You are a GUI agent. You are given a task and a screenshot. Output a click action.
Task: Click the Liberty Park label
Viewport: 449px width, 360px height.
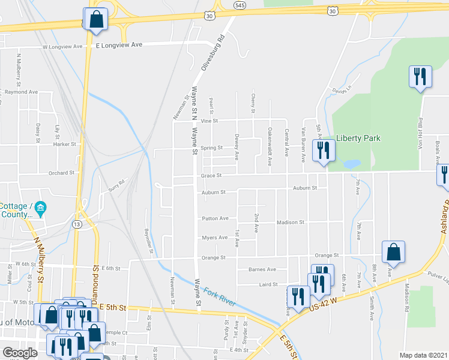(358, 138)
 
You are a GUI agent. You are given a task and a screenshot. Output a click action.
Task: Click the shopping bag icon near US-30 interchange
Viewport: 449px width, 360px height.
(96, 19)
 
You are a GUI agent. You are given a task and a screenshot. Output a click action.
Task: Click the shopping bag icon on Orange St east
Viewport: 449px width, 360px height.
(393, 253)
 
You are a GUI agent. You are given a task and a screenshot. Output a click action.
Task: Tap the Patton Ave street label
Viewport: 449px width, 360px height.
(215, 218)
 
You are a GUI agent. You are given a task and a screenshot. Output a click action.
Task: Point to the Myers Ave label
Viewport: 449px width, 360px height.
(215, 238)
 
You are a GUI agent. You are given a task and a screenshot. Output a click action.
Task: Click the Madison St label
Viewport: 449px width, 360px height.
(291, 223)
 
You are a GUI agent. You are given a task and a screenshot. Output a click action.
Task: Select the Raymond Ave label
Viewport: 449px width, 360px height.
(20, 92)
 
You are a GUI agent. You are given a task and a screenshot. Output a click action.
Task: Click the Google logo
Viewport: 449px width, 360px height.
(19, 353)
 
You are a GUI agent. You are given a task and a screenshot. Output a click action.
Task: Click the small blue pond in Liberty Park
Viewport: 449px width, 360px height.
(352, 163)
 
